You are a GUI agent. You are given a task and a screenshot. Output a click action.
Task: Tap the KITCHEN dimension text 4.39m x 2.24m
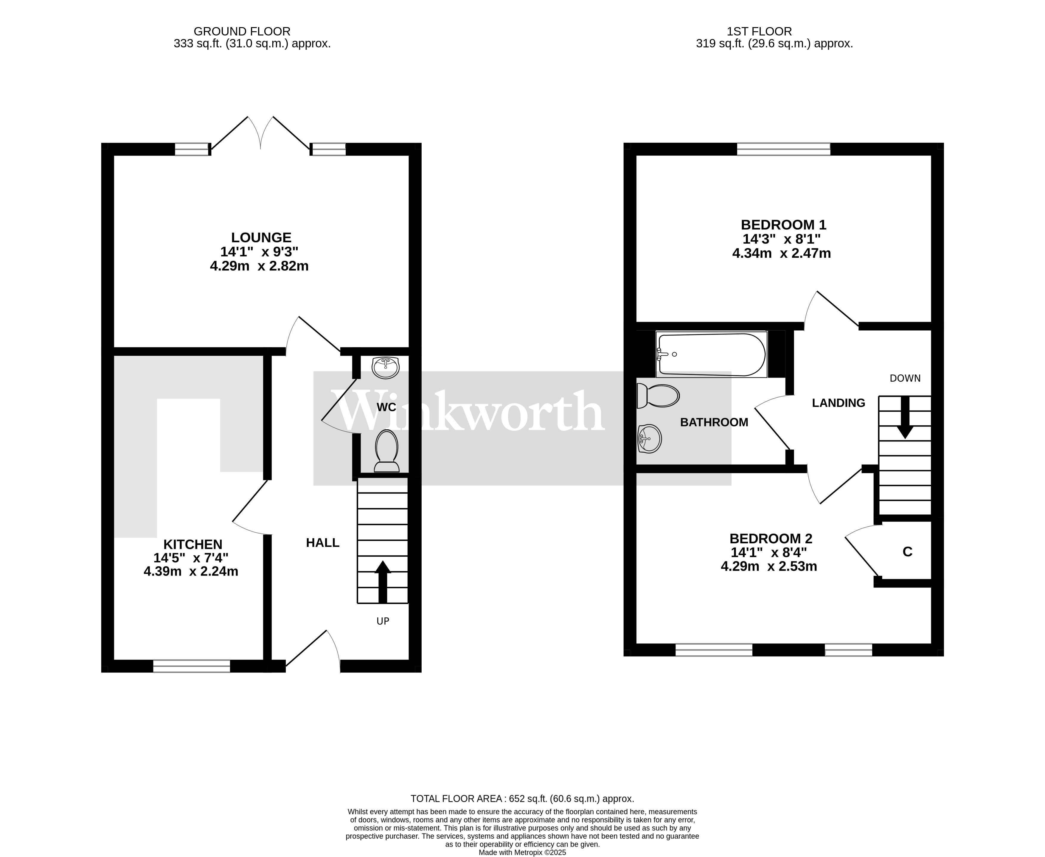coord(191,571)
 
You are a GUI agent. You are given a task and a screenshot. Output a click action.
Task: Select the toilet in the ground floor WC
coord(387,450)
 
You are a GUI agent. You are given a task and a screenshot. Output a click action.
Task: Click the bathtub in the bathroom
coord(711,354)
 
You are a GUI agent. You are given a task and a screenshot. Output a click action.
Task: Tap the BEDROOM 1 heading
coord(783,225)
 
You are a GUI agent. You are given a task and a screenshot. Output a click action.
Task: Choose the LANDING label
coord(838,403)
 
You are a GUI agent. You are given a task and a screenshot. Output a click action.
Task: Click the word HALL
coord(322,542)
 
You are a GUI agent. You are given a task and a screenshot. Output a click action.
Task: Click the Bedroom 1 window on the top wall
coord(783,149)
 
